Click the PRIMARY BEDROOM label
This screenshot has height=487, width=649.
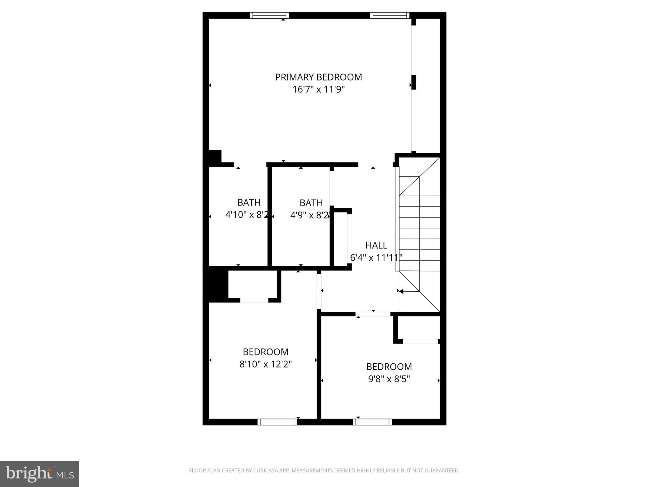[x=318, y=77]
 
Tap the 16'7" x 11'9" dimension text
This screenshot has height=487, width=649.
[x=318, y=89]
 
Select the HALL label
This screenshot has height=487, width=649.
[x=376, y=245]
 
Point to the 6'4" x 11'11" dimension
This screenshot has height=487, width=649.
[x=376, y=258]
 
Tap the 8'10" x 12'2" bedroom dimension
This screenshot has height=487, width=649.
[x=266, y=364]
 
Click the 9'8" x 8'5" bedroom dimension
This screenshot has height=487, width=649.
[x=389, y=379]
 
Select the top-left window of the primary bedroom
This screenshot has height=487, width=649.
[x=269, y=15]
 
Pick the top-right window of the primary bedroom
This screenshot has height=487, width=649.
[x=389, y=15]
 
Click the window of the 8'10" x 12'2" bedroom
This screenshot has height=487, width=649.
[x=277, y=422]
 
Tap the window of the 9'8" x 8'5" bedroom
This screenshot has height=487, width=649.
[x=372, y=422]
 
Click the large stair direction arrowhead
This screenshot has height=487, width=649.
[x=401, y=291]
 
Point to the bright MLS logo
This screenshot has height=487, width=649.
[x=40, y=474]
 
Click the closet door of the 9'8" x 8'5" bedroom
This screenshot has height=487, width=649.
[x=420, y=341]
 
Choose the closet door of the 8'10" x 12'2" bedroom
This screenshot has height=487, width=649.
[x=254, y=300]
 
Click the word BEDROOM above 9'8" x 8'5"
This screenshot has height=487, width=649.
[x=389, y=367]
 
